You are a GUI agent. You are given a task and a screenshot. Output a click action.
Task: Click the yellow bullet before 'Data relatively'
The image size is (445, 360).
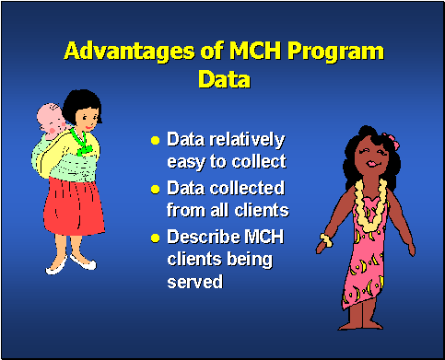(156, 141)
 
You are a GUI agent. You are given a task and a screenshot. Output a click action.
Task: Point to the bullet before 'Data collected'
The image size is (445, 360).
(156, 189)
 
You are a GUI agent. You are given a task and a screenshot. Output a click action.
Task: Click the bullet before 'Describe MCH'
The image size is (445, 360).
(156, 238)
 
